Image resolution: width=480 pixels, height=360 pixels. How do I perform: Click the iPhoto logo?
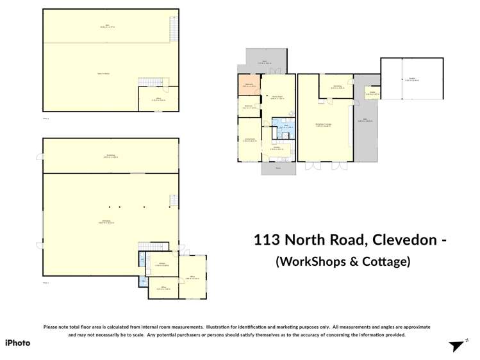(x=18, y=343)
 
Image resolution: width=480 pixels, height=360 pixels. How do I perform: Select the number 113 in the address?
(x=267, y=240)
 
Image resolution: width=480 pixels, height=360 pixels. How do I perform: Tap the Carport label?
(x=412, y=79)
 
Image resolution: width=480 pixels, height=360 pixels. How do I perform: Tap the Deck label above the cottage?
(x=265, y=63)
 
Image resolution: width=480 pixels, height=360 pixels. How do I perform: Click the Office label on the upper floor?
(x=158, y=99)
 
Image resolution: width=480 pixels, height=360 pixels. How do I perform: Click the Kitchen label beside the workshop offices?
(x=163, y=264)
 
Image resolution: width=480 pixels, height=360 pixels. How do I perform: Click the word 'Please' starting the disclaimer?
(x=51, y=327)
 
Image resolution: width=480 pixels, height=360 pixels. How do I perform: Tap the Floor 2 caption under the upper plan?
(x=46, y=119)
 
